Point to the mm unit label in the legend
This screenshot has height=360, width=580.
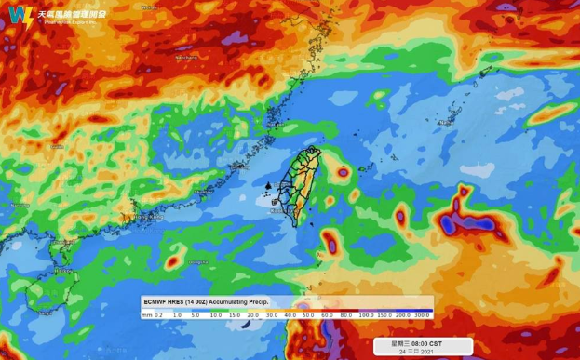147,315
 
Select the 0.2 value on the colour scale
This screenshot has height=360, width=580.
159,315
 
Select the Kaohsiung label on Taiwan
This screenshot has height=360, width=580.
280,211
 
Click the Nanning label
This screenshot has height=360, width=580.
17,205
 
